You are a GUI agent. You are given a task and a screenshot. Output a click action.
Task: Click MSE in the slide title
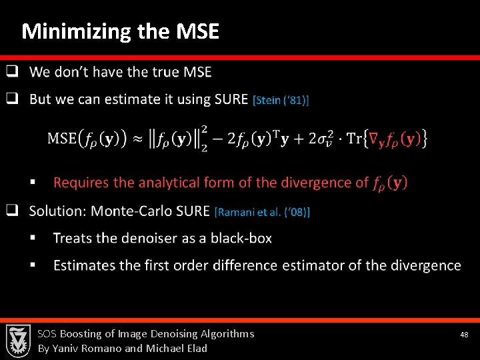(197, 31)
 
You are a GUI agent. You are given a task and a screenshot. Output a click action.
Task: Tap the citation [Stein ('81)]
(281, 100)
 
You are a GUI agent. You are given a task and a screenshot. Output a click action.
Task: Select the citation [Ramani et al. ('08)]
(262, 212)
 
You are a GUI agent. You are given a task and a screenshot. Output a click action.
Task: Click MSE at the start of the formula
(62, 139)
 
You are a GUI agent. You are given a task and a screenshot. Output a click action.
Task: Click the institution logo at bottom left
(18, 340)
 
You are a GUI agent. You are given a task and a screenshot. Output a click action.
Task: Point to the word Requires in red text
(81, 182)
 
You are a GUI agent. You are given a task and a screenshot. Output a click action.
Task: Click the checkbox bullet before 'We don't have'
(12, 71)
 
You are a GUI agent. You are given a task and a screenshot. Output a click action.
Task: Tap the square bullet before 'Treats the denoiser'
(41, 238)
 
